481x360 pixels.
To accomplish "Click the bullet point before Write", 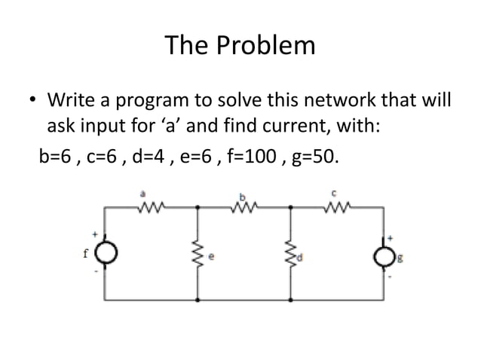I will click(x=32, y=100).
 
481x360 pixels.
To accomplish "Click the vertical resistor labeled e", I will click(x=199, y=255).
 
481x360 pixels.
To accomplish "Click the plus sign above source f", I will click(x=96, y=233).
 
